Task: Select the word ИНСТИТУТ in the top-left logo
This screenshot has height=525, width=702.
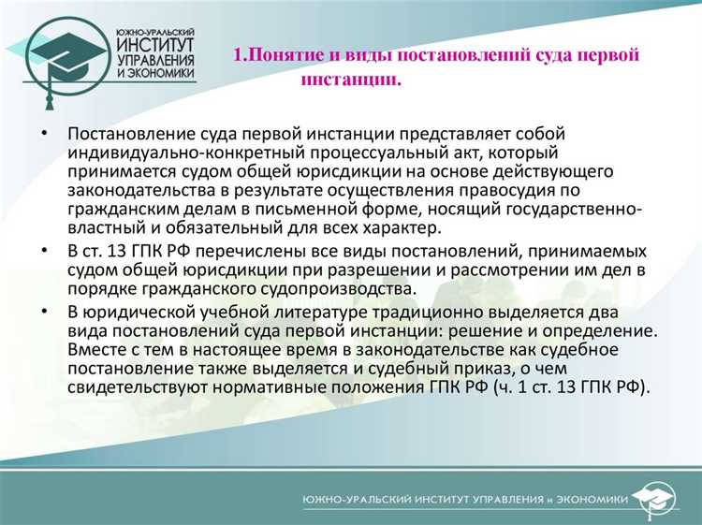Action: [155, 44]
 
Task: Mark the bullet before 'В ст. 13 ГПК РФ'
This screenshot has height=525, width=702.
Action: [44, 252]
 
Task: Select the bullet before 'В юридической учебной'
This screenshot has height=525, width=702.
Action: [44, 311]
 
